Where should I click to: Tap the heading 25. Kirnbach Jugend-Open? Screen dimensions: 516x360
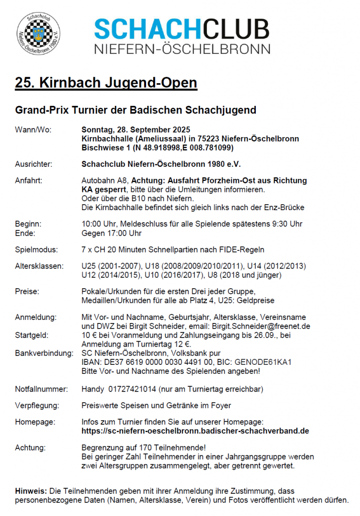tap(106, 83)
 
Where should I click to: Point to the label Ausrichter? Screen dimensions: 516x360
tap(34, 164)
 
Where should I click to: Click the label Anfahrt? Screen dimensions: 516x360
tap(29, 180)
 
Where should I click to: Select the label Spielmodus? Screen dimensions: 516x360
tap(36, 249)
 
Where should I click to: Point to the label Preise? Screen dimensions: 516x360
tap(27, 292)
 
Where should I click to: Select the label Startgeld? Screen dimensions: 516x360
tap(32, 335)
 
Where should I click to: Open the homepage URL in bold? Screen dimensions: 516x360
tap(195, 431)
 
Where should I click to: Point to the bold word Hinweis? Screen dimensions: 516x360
tap(31, 490)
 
